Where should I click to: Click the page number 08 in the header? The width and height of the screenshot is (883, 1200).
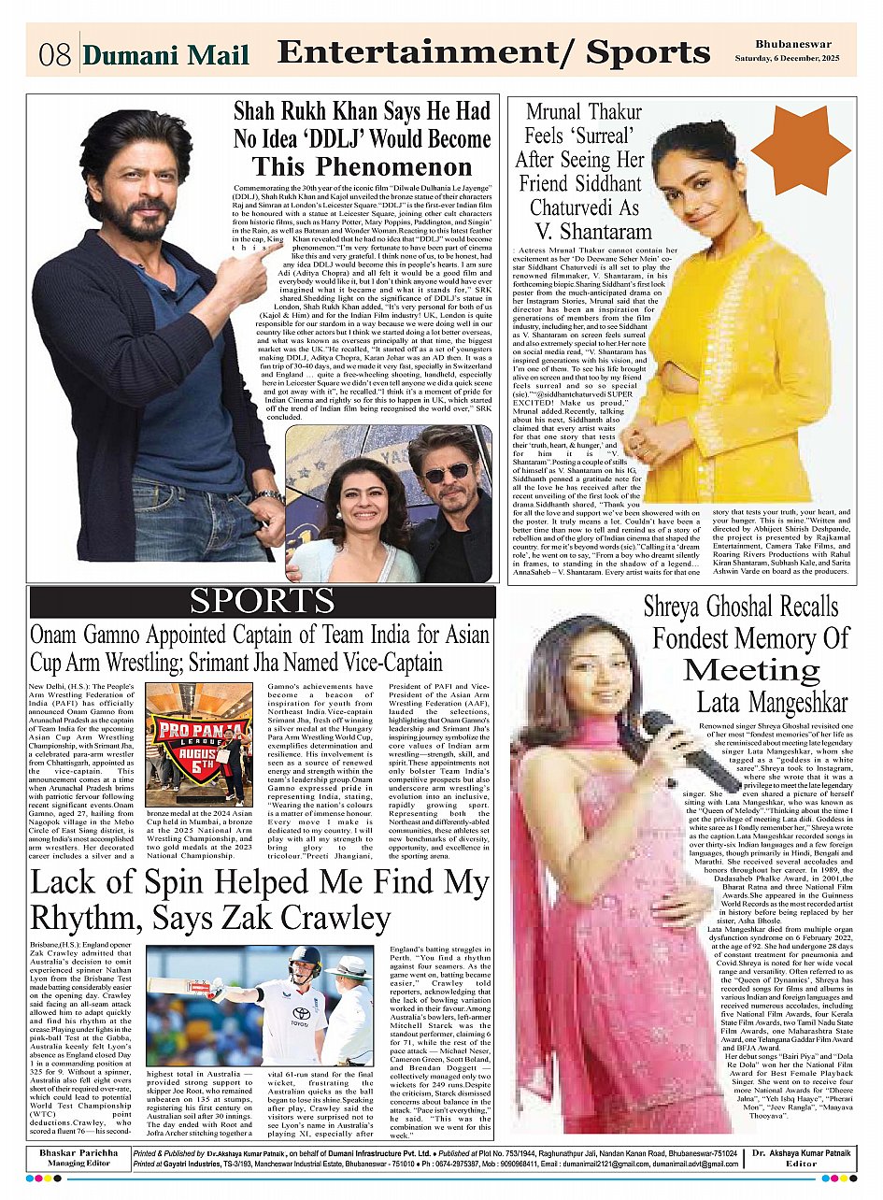click(53, 54)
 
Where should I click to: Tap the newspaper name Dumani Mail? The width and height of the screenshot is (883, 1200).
click(166, 54)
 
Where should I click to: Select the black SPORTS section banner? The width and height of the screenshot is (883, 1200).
click(262, 602)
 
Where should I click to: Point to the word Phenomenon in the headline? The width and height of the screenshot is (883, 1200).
click(363, 168)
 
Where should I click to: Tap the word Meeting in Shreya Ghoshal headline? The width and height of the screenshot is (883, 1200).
click(751, 670)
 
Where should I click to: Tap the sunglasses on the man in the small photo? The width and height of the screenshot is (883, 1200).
click(446, 473)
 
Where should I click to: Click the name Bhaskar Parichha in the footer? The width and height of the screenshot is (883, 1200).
click(78, 1153)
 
